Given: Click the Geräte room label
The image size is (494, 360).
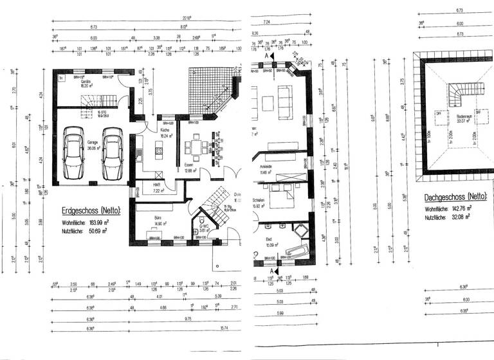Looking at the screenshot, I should click(85, 84).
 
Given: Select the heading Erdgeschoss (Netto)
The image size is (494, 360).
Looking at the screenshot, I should click(90, 210).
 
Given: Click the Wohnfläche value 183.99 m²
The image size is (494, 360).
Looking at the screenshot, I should click(96, 221).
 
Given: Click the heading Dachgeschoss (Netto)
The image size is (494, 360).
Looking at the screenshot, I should click(455, 197).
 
